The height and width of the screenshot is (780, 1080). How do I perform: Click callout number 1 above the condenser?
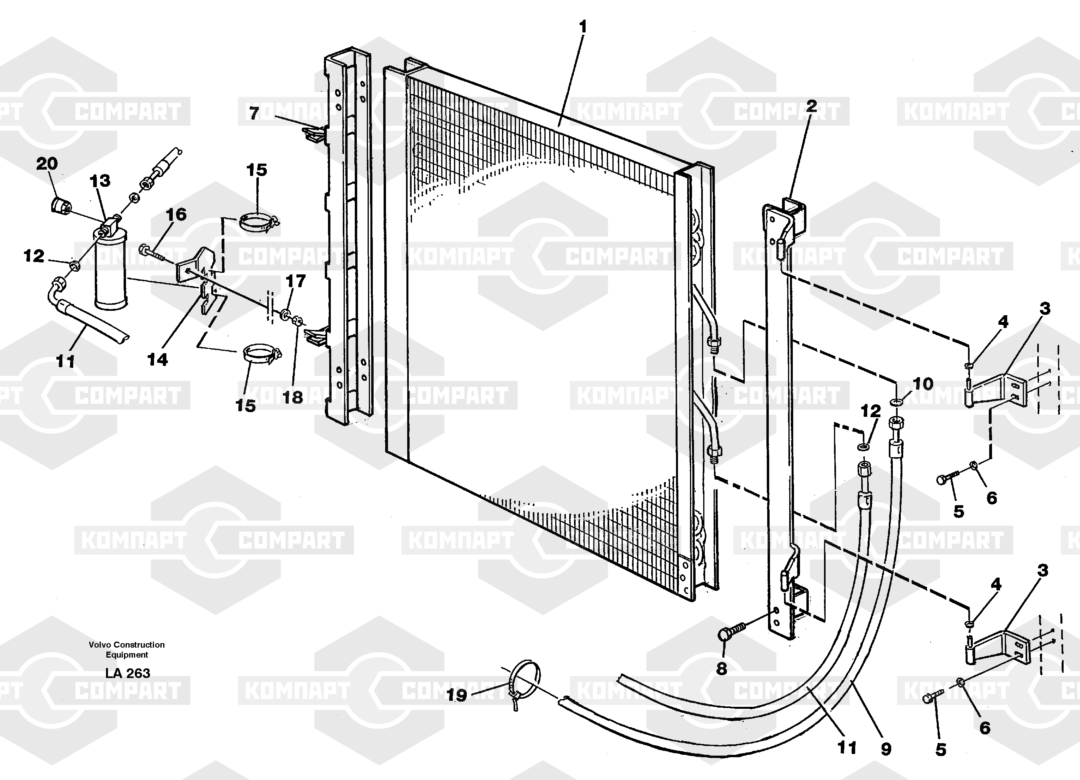coord(582,27)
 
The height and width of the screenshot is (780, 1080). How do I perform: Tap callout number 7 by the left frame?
coord(254,113)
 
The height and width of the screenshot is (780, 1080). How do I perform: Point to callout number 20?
coord(47,164)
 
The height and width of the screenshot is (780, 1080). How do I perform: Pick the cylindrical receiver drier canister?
coord(110,269)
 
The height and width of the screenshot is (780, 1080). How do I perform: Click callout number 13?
coord(100,181)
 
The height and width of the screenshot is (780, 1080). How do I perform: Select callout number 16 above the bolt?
coord(176,214)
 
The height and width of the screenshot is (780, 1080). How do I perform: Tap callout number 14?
coord(158,360)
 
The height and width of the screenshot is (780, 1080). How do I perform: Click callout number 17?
coord(295,281)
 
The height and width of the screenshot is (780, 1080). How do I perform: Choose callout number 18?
coord(292,397)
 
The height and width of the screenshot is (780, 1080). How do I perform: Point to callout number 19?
coord(457,695)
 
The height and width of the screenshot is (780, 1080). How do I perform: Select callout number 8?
coord(722,668)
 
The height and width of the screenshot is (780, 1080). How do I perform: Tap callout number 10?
coord(923,384)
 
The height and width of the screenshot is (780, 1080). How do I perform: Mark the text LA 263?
coord(128,673)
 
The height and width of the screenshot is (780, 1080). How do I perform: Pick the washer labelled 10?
coord(896,403)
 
